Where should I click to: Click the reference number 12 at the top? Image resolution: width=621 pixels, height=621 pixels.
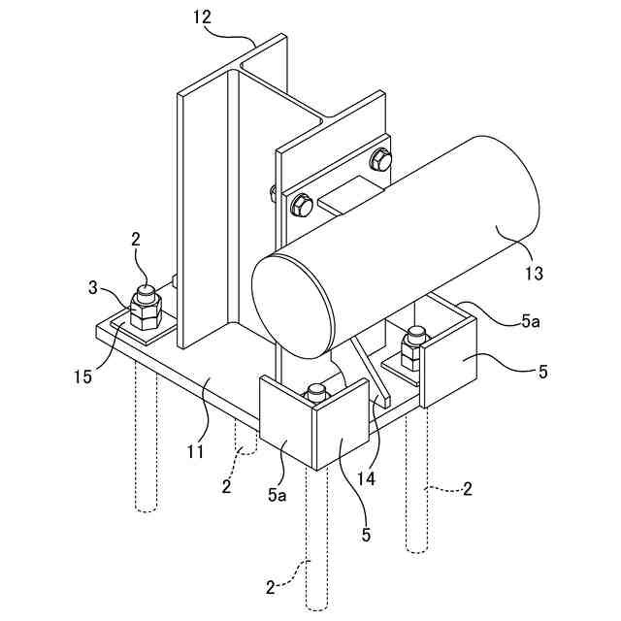[203, 17]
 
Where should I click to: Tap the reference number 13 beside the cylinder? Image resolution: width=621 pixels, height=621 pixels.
[534, 273]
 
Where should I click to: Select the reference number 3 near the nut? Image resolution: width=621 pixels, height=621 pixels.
[92, 288]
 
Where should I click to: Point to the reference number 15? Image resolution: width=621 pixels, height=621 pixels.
[82, 376]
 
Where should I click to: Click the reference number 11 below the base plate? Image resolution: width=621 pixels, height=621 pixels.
[196, 451]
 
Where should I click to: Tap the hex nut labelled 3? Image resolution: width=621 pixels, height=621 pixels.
[146, 312]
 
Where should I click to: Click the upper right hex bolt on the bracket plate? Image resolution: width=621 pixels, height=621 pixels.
[380, 160]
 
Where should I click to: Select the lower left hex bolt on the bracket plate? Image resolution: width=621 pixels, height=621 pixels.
[302, 206]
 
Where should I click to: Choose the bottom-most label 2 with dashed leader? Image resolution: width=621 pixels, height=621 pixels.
[270, 588]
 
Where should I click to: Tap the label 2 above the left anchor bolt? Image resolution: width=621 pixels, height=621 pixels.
[136, 240]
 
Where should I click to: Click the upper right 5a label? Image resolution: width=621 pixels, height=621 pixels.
[531, 321]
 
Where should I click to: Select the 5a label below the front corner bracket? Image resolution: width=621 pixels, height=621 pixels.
[277, 495]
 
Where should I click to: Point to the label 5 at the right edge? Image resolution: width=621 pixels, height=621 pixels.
[543, 372]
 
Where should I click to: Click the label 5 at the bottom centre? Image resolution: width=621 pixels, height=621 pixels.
[366, 535]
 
